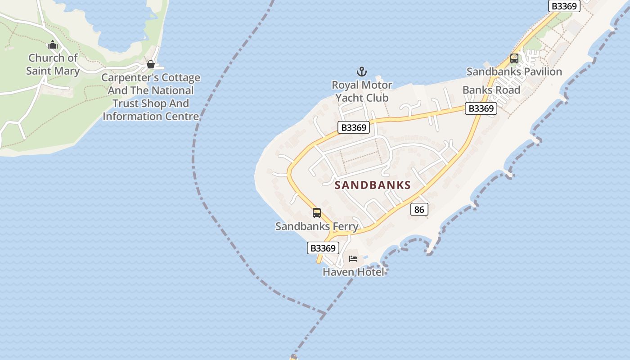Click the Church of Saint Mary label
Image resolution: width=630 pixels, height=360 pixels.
point(53,64)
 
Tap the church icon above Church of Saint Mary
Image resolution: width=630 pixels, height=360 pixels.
point(53,45)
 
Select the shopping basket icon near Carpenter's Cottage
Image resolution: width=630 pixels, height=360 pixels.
point(151,64)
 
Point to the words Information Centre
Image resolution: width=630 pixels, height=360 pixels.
point(151,116)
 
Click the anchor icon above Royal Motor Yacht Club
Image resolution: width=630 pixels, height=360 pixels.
point(362,72)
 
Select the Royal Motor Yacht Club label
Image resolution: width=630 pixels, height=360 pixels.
point(362,91)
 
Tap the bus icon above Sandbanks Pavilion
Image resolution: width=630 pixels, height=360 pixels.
point(514,58)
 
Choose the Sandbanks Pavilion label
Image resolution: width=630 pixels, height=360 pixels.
point(514,72)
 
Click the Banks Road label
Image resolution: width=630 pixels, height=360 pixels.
point(491,90)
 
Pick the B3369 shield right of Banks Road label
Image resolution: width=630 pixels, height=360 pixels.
point(481,108)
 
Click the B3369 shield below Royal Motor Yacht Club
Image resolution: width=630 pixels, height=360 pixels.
point(354,127)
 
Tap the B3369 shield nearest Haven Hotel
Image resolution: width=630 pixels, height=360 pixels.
point(323,248)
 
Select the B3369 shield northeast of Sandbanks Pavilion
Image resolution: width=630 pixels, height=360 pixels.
point(564,6)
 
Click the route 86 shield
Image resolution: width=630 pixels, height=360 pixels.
point(419,209)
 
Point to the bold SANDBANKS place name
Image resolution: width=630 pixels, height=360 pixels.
point(373,185)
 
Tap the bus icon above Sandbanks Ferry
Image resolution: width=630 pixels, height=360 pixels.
point(317,213)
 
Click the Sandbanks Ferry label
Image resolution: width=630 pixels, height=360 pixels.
point(317,226)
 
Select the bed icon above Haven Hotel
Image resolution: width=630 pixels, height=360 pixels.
point(353,259)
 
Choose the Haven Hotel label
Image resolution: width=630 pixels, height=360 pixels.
point(353,272)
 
